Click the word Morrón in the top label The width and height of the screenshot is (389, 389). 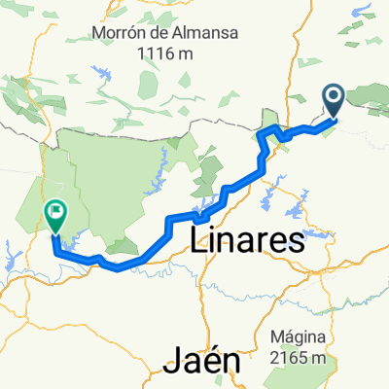(x=119, y=33)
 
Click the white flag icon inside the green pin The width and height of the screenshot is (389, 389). (x=55, y=208)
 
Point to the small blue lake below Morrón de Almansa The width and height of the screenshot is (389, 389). (x=101, y=73)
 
